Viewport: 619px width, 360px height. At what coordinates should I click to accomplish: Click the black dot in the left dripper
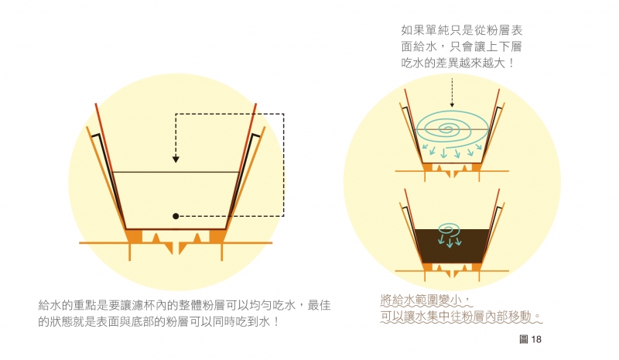coord(176,216)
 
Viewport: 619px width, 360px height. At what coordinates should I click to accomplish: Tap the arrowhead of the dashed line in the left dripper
coord(176,159)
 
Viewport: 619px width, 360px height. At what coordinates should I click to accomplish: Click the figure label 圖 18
coord(530,339)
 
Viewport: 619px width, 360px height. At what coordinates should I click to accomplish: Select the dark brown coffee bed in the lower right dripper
coord(452,245)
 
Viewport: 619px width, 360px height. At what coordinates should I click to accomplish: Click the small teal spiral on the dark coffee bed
coord(449,228)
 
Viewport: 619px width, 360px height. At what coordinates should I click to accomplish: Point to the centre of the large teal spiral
coord(447,129)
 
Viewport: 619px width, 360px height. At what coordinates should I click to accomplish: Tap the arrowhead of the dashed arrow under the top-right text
coord(452,105)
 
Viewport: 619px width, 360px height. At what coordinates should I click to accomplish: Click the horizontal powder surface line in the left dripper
coord(176,172)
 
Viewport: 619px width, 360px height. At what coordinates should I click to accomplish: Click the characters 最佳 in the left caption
coord(319,305)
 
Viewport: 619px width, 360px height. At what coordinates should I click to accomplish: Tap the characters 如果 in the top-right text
coord(413,30)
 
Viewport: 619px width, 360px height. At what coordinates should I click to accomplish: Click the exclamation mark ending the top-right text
coord(511,63)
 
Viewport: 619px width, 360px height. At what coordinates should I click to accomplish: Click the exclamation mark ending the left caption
coord(276,321)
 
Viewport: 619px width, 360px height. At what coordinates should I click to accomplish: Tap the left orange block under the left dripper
coord(135,236)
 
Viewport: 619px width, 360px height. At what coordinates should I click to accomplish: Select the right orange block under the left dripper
coord(217,236)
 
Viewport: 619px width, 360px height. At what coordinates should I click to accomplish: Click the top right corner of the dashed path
coord(283,114)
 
